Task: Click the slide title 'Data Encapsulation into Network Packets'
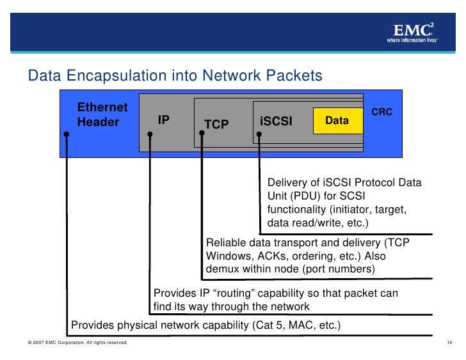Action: [x=175, y=76]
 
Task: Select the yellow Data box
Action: [x=337, y=120]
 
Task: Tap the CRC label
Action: [x=382, y=112]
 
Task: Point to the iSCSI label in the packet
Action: [x=276, y=121]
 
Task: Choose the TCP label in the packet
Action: [x=216, y=124]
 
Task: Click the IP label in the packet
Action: [x=164, y=120]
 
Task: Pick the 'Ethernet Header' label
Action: [x=102, y=114]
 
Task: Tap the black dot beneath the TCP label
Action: [x=200, y=135]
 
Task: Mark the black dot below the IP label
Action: [x=150, y=135]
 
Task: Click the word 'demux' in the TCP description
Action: [x=221, y=269]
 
